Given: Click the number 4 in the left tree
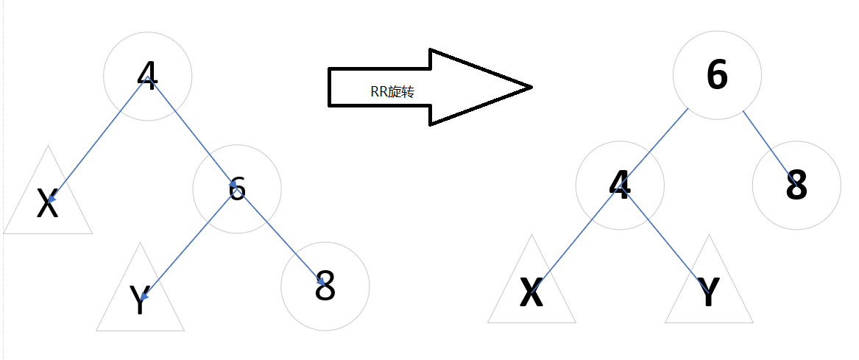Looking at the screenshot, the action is (147, 75).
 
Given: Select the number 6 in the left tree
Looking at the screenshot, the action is (236, 189).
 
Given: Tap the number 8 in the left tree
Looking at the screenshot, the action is (325, 286).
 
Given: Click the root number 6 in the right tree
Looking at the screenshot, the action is (717, 75).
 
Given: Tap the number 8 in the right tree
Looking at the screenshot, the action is (796, 186).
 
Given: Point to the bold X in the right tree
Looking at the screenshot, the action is (531, 292).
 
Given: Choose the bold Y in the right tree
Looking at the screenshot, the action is (708, 292).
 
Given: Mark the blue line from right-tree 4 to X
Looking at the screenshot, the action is (576, 239).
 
